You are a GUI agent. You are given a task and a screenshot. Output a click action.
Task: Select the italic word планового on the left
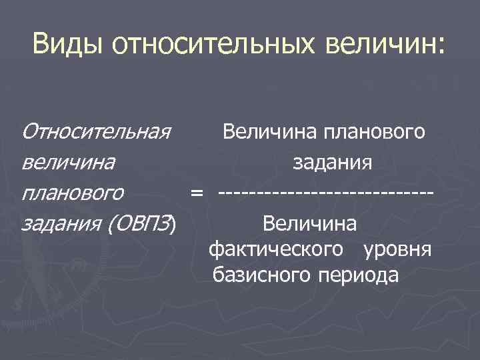[x=73, y=194]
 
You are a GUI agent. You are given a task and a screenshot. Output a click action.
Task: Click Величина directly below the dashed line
[x=310, y=223]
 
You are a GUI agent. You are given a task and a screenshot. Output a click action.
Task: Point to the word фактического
[x=277, y=249]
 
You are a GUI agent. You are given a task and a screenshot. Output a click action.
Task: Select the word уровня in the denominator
[x=398, y=249]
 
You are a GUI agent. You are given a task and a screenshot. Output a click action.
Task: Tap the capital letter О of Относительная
[x=30, y=131]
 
